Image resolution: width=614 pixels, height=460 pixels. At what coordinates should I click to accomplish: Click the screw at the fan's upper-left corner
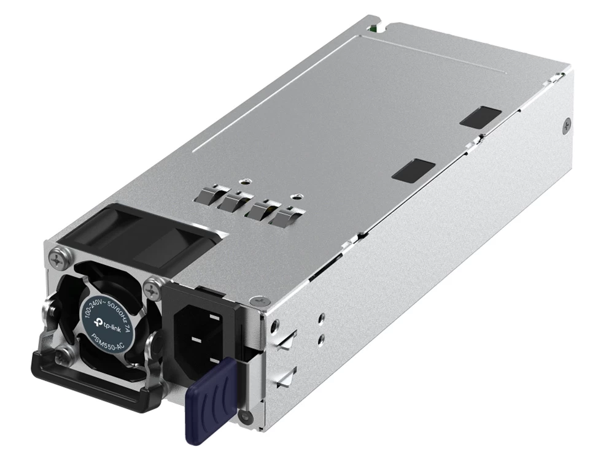tap(59, 259)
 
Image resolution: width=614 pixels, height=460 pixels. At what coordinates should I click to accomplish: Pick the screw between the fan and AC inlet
tap(152, 290)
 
